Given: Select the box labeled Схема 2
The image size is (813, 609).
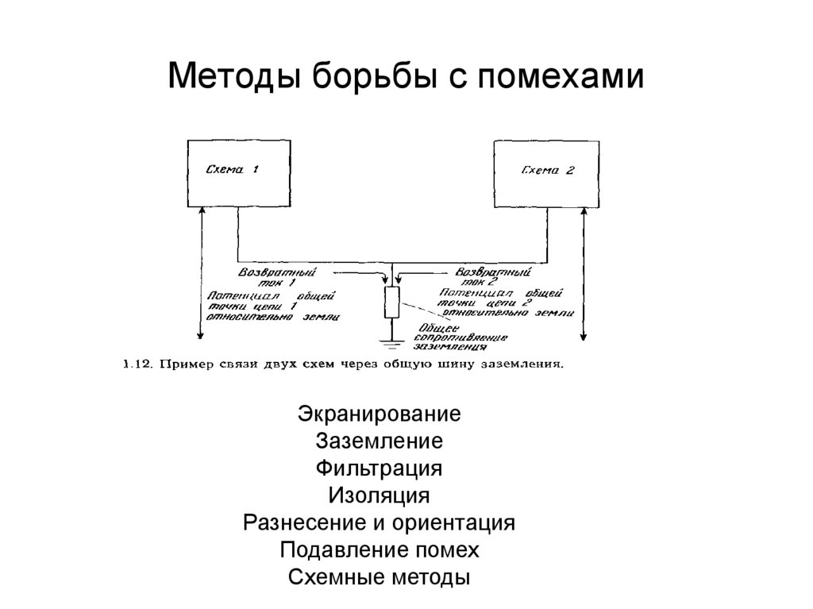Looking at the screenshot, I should pyautogui.click(x=546, y=172).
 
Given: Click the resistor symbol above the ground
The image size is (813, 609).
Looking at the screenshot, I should pyautogui.click(x=391, y=303).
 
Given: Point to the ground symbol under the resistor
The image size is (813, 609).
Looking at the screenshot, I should pyautogui.click(x=391, y=343).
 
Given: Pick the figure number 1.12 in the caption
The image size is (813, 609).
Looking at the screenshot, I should pyautogui.click(x=134, y=365).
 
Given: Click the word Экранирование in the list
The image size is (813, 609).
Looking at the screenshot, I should pyautogui.click(x=380, y=414).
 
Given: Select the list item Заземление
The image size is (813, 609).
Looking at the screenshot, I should pyautogui.click(x=379, y=441).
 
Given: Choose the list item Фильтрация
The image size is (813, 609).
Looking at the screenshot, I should pyautogui.click(x=379, y=468).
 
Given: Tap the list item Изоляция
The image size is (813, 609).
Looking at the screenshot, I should pyautogui.click(x=379, y=496).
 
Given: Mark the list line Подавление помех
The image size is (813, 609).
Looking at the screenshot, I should pyautogui.click(x=380, y=550).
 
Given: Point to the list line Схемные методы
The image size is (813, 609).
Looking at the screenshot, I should pyautogui.click(x=380, y=577).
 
